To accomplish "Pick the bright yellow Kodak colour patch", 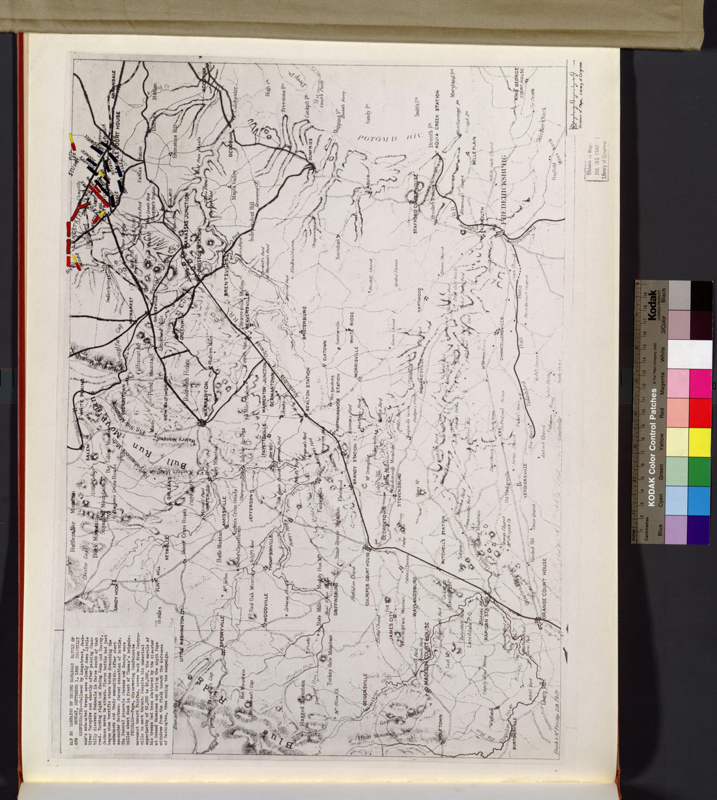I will tap(700, 442).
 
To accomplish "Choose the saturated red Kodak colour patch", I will tap(700, 413).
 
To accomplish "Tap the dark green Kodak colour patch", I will tap(700, 471).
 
